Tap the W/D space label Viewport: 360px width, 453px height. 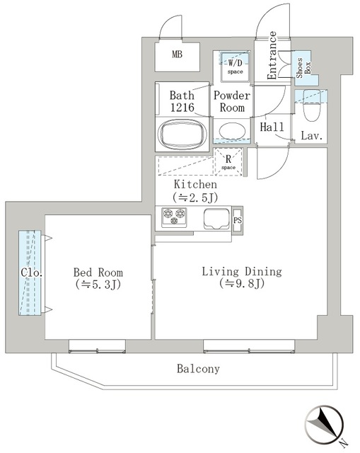coord(234,67)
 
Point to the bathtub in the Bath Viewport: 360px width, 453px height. coord(181,133)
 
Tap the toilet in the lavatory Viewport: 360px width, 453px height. coord(310,110)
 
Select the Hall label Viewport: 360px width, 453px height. coord(272,127)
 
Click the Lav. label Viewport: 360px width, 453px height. coord(312,135)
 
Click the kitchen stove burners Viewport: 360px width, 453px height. coord(173,217)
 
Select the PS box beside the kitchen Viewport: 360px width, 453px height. coord(238,219)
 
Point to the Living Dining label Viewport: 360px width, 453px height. coord(241,272)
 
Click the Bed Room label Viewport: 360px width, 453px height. coord(98,273)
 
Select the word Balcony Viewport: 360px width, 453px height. coord(198,369)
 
